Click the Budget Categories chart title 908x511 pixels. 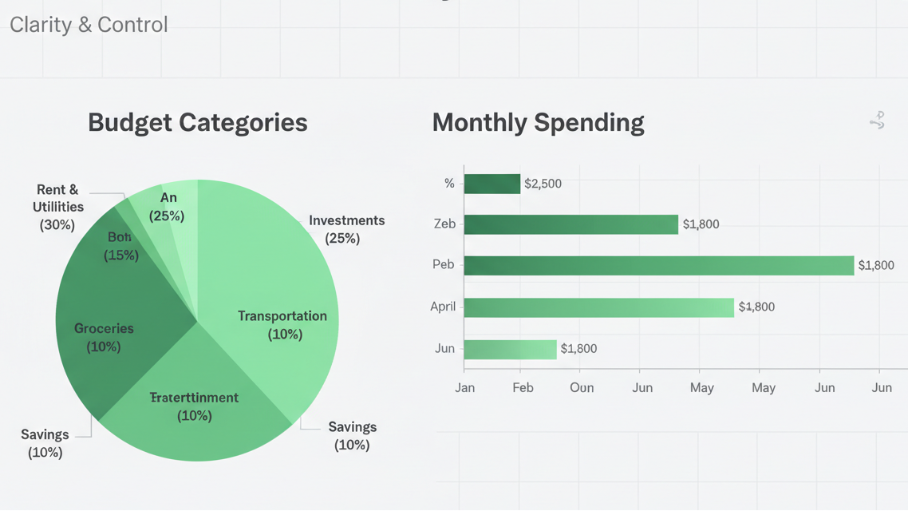(x=197, y=122)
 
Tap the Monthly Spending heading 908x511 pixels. (x=538, y=122)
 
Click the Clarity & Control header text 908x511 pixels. (x=89, y=24)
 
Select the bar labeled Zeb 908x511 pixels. (x=570, y=224)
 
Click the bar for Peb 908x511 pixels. (x=658, y=265)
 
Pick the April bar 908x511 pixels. (x=598, y=307)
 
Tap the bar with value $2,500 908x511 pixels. (x=492, y=184)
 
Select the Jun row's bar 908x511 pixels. (x=510, y=349)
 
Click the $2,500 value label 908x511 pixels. (x=543, y=184)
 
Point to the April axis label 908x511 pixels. (x=443, y=307)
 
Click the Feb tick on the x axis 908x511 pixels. (x=523, y=387)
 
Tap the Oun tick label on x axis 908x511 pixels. (x=582, y=387)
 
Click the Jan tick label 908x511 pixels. (x=464, y=387)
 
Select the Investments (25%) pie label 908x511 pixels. (x=346, y=229)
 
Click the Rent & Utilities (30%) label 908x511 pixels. (x=57, y=207)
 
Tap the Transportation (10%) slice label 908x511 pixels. (x=282, y=325)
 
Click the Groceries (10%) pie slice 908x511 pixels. (x=104, y=337)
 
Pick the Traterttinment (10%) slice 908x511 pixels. (x=195, y=406)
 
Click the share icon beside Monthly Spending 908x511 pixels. (x=877, y=121)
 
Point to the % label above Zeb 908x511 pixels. (x=449, y=184)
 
